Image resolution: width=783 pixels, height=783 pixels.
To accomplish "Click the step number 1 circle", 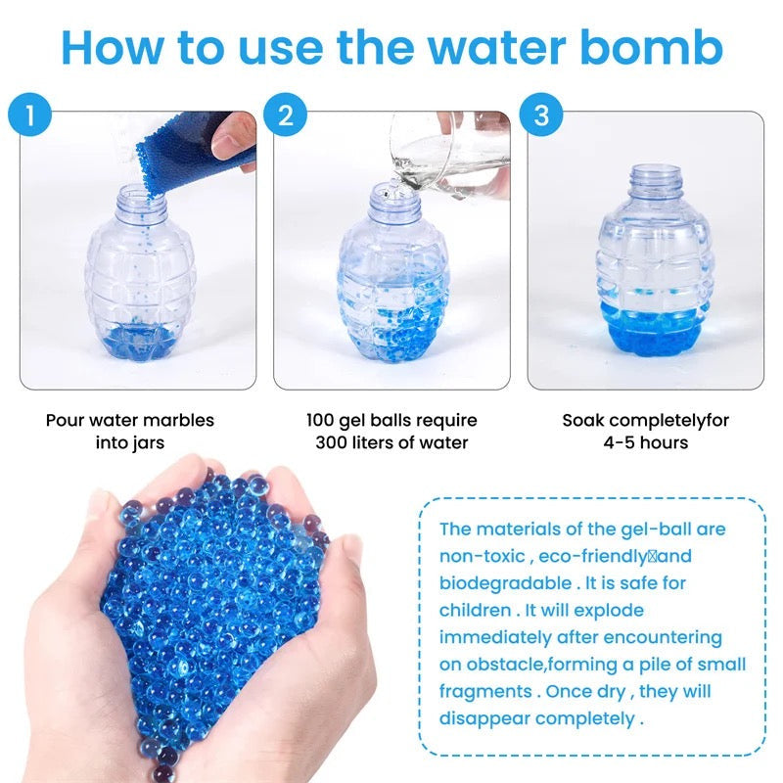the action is point(30,115).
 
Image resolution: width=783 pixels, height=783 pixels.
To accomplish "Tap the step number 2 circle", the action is point(285,115).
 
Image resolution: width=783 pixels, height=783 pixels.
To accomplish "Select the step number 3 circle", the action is point(541,115).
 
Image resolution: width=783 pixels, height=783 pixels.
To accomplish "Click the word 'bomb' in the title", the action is point(651,47).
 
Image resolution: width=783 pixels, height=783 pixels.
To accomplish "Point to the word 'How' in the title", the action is point(112,47).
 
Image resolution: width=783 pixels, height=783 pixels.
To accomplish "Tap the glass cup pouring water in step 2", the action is point(449,153).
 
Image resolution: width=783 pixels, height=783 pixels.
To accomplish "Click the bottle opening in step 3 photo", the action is point(655,169).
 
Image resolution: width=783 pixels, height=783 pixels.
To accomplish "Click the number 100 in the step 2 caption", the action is point(320,420).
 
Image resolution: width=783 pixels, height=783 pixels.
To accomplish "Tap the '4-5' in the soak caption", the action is point(619,442).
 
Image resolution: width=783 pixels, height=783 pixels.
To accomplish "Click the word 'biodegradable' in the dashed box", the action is point(505,583).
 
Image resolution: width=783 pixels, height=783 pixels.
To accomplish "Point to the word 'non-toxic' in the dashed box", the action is point(482,556).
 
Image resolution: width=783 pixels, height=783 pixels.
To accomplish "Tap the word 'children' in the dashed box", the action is point(476,610).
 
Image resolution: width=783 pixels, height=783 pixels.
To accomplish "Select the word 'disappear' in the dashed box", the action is point(484,719).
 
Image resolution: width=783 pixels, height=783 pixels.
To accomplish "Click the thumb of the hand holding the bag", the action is point(232,135).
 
